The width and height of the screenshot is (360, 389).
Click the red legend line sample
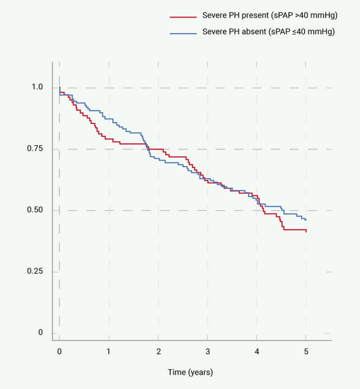click(x=183, y=16)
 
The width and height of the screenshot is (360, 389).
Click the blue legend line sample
click(x=183, y=33)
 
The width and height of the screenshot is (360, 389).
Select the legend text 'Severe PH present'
click(x=232, y=16)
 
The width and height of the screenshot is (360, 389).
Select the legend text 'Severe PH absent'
click(x=230, y=32)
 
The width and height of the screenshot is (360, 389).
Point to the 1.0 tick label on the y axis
click(x=37, y=88)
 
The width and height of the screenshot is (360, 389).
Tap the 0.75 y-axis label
click(x=35, y=149)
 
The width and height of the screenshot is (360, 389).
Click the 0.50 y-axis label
click(x=35, y=210)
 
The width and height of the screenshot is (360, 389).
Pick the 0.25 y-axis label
click(x=35, y=272)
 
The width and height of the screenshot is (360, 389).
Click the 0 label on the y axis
click(x=40, y=333)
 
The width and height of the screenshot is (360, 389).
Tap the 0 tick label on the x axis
click(x=60, y=352)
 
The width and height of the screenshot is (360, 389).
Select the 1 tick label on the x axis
click(x=109, y=352)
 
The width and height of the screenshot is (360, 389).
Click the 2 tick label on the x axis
click(x=158, y=352)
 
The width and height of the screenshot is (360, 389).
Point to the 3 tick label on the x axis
click(x=207, y=352)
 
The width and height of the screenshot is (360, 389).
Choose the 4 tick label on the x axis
click(x=256, y=352)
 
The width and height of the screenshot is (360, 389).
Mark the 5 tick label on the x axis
click(x=306, y=352)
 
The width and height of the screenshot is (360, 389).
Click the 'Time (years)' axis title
click(x=190, y=373)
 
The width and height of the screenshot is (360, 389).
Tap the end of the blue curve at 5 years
click(x=306, y=220)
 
